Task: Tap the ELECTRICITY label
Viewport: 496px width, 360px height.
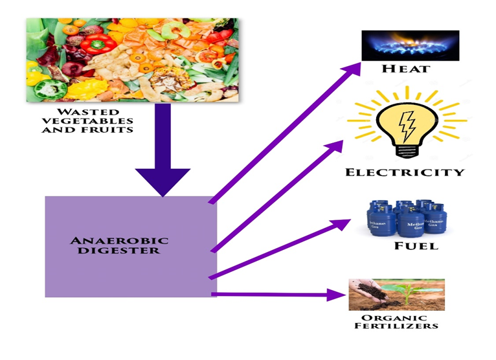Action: pos(405,172)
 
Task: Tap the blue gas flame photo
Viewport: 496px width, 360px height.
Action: pos(411,45)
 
